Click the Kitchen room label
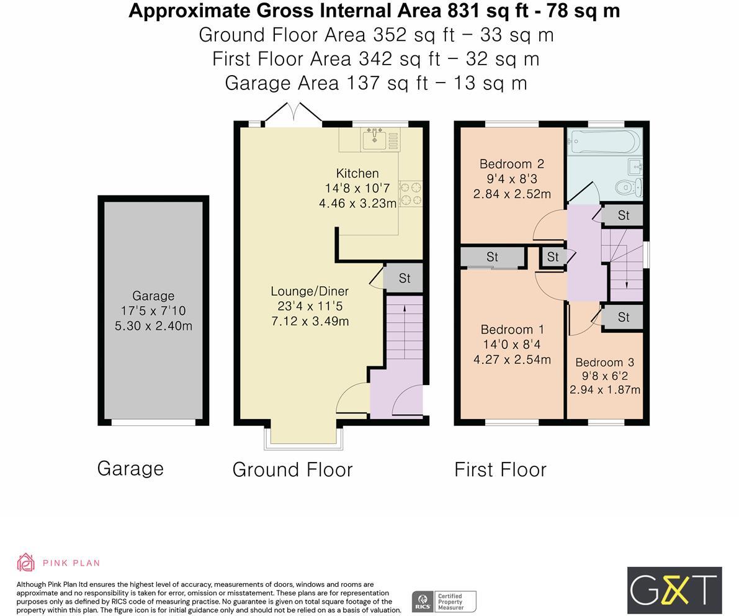coord(357,173)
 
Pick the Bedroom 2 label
coord(512,164)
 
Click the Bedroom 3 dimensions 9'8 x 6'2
coord(605,376)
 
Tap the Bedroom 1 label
coord(513,329)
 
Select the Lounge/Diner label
coord(310,291)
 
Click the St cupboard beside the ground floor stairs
coord(404,278)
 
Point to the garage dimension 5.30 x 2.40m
coord(154,326)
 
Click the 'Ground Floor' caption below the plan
coord(293,470)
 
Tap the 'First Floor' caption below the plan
coord(501,470)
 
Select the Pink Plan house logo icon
coord(26,562)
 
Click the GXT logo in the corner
coord(674,591)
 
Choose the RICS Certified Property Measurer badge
coord(444,601)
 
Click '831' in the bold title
coord(457,11)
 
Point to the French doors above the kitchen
coord(293,114)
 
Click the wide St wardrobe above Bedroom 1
coord(493,257)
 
